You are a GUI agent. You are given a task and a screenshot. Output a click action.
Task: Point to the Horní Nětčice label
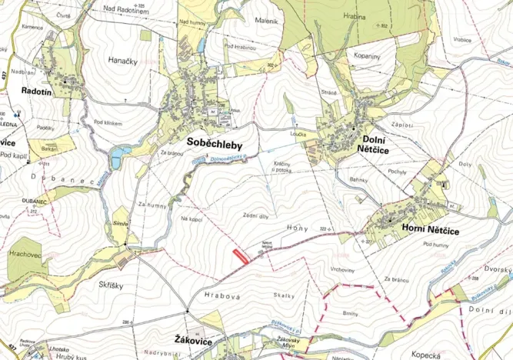click(431, 228)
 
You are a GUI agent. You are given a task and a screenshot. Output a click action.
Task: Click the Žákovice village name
click(192, 338)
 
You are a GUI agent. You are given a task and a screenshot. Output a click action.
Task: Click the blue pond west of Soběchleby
click(117, 158)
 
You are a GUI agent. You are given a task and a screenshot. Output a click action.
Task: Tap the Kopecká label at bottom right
click(425, 355)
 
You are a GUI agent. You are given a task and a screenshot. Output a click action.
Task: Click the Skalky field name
click(284, 295)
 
